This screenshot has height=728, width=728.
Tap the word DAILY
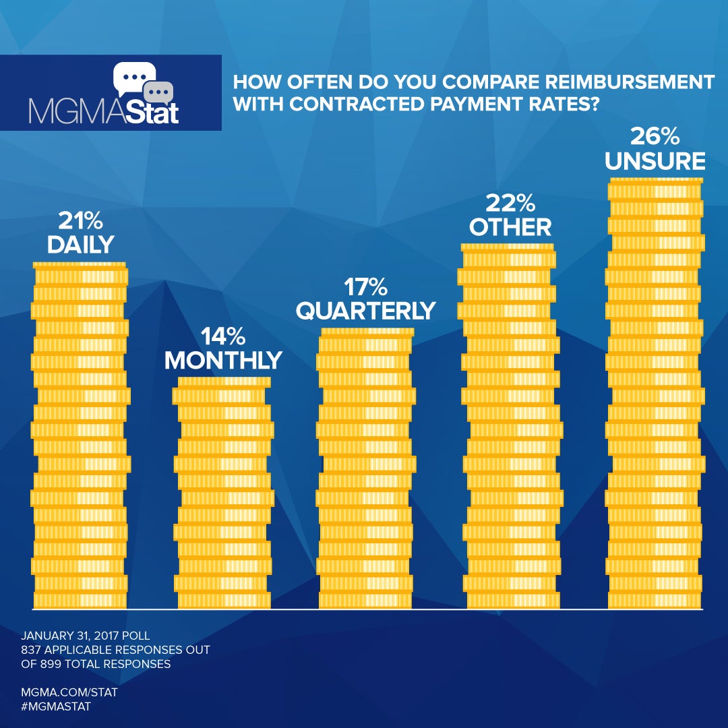[80, 245]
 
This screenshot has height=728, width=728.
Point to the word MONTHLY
[223, 360]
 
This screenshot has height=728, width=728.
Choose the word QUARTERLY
[366, 310]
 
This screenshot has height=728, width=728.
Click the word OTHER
[510, 226]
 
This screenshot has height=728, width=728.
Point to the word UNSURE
[655, 161]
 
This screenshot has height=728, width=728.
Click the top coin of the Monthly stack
[223, 382]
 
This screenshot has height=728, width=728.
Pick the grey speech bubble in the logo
[160, 92]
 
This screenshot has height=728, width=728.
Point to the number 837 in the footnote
[32, 650]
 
